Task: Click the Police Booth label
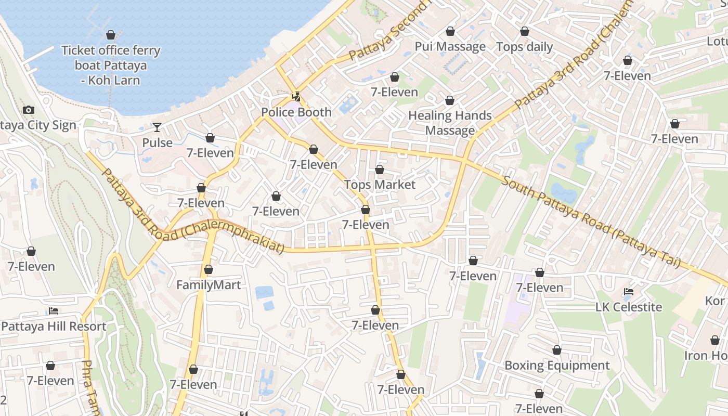(x=296, y=112)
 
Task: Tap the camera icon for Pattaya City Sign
(x=29, y=110)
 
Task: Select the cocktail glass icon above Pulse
(x=157, y=127)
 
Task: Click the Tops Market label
(x=380, y=185)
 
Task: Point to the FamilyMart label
(x=209, y=285)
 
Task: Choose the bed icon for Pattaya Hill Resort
(x=53, y=311)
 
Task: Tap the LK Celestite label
(x=629, y=307)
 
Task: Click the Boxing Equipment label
(x=557, y=366)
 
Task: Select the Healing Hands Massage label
(x=450, y=123)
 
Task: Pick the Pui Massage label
(x=450, y=47)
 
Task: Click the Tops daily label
(x=525, y=47)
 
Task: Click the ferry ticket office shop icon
(x=110, y=35)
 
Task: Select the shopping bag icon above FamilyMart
(x=209, y=269)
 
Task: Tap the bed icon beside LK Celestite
(x=629, y=292)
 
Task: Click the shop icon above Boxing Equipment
(x=557, y=350)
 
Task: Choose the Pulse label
(x=157, y=142)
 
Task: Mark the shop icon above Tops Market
(x=380, y=170)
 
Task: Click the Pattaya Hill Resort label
(x=54, y=327)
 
